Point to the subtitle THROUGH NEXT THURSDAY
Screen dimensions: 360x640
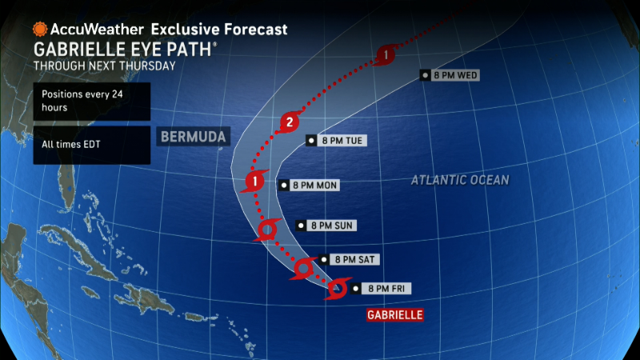104,66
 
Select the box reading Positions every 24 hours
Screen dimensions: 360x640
91,100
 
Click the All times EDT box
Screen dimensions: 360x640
91,145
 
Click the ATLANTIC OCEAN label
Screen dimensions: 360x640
460,180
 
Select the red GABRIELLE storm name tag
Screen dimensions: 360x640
394,314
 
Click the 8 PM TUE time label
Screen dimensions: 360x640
342,141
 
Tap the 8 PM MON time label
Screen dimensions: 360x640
314,186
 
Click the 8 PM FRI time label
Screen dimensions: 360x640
386,287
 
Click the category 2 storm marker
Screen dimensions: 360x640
289,122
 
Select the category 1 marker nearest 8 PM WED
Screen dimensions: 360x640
386,55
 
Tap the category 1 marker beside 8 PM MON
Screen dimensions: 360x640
255,182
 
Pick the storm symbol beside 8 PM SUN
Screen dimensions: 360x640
267,230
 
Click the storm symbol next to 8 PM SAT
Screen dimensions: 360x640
303,269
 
